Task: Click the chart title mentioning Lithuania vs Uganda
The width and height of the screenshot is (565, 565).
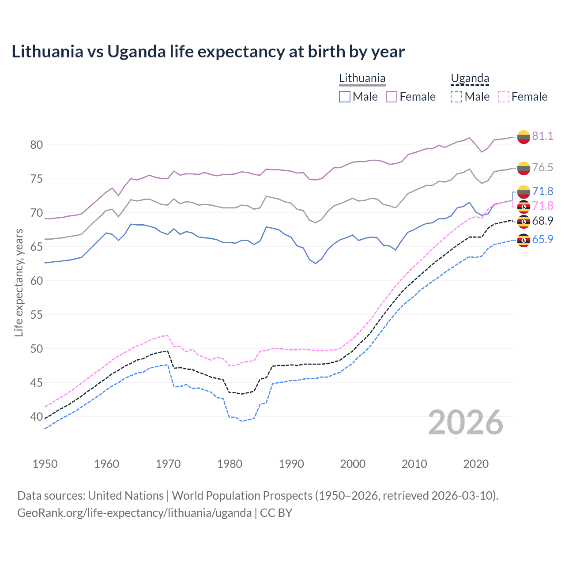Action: point(208,52)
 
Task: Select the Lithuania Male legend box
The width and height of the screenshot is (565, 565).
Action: point(345,97)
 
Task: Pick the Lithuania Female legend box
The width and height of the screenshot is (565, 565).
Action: point(392,97)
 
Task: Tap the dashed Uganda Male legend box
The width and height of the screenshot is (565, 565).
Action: point(456,97)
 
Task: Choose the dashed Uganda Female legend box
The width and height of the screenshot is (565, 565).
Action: point(504,97)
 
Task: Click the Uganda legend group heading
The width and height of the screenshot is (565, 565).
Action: point(470,79)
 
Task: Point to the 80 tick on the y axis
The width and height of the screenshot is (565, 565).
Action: point(37,145)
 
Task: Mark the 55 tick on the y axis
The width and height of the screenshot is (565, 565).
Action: point(37,315)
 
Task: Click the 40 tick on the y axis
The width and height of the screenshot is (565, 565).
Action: point(37,417)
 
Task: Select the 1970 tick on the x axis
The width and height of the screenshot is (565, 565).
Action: point(168,464)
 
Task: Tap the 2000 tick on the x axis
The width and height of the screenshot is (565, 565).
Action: point(353,464)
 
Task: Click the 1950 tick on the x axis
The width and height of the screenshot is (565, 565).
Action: point(45,464)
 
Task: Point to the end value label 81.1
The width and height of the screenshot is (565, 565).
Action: point(542,136)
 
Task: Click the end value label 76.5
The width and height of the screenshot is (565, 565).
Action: point(542,167)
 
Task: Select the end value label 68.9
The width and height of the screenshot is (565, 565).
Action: point(542,221)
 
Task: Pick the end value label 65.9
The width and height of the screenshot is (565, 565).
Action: point(542,239)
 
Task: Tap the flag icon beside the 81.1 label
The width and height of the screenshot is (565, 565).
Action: point(524,137)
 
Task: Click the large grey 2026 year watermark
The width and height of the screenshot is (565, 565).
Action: point(466,422)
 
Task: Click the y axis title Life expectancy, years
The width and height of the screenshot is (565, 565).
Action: point(19,282)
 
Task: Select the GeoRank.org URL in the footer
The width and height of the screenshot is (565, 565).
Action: point(134,513)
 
